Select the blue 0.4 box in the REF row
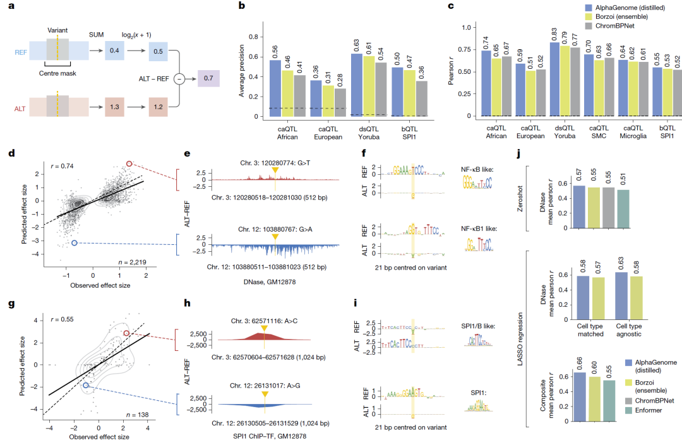click(114, 49)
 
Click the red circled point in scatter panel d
click(129, 164)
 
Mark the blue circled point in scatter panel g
click(86, 384)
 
